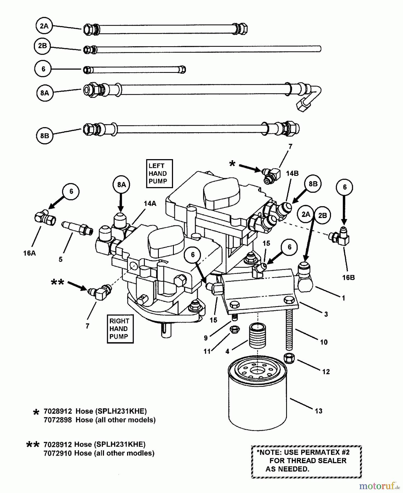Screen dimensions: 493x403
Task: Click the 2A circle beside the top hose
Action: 44,26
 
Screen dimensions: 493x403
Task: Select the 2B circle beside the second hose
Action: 42,46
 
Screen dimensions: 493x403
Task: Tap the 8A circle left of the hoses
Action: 44,93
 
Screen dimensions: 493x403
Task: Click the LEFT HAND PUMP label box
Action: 159,173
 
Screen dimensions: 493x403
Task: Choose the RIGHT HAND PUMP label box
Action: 120,329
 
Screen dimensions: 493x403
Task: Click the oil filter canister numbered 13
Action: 257,394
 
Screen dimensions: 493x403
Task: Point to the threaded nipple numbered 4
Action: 257,336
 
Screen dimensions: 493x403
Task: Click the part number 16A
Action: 30,253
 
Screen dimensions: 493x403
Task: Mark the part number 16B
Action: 348,277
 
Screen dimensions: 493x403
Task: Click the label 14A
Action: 150,203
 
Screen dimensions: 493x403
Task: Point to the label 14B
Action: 292,173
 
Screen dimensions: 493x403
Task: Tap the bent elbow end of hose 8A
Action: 309,99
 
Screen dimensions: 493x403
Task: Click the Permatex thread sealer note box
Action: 306,462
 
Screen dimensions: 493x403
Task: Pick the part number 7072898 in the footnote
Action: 57,420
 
